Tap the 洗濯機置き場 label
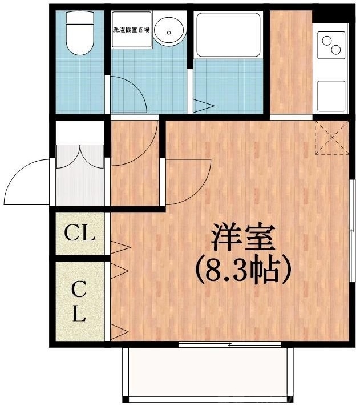131,29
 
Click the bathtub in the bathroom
228,34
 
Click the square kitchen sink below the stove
331,94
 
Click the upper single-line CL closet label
79,233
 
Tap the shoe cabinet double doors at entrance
79,157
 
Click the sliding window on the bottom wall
229,344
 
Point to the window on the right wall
351,228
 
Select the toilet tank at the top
79,17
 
